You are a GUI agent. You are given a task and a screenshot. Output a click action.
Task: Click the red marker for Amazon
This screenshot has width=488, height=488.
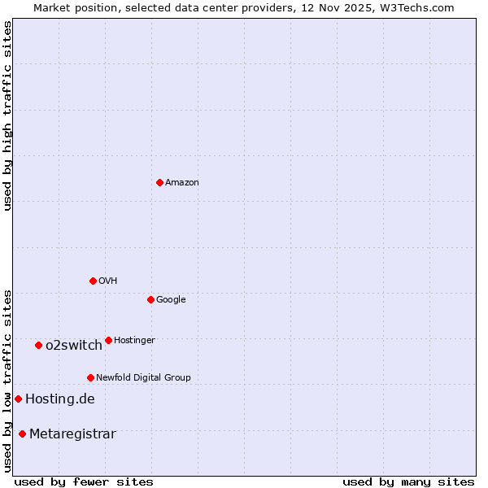159,182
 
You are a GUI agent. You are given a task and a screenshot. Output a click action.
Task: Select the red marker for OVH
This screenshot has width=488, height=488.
93,281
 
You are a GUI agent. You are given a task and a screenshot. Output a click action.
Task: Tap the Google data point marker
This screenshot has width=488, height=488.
150,299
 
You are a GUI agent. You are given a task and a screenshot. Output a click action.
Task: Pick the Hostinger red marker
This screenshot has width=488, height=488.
108,340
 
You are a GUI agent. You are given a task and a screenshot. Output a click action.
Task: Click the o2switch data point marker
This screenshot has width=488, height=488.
38,346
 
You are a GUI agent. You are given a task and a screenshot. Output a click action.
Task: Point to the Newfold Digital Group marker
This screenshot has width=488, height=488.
90,377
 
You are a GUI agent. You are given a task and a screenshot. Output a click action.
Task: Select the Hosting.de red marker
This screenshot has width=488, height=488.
18,399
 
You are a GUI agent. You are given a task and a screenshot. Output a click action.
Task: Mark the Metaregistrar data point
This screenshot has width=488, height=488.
22,434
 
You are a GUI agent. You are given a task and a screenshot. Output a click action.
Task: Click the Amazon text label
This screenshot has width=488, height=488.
182,183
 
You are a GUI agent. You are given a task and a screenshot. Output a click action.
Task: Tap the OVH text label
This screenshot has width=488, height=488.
108,281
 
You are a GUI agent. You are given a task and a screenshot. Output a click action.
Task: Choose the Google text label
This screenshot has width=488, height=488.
171,300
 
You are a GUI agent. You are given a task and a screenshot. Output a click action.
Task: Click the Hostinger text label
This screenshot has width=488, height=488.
134,341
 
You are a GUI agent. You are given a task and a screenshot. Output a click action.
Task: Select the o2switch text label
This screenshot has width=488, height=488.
74,346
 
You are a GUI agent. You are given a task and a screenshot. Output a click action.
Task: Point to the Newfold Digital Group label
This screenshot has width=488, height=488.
143,378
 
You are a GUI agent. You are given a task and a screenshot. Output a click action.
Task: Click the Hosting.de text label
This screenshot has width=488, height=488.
60,399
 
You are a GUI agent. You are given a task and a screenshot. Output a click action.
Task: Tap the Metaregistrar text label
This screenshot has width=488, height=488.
72,434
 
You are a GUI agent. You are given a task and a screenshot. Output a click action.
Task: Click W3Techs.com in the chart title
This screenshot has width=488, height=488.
413,7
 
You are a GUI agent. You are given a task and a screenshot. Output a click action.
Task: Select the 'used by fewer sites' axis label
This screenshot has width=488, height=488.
84,482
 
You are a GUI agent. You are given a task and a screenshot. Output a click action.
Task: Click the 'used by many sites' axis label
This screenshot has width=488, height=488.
408,482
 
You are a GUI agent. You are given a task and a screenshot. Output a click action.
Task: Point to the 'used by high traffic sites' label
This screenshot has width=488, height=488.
7,115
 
